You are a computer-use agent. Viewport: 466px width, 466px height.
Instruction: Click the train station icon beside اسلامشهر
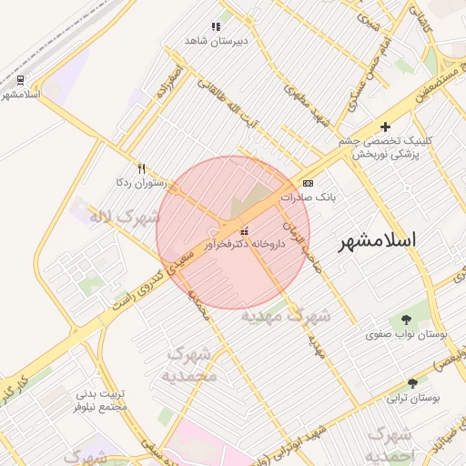coord(20,79)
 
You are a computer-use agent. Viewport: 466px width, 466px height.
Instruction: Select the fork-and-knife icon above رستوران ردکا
coord(141,168)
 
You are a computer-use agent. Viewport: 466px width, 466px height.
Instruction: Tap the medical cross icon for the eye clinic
coord(385,127)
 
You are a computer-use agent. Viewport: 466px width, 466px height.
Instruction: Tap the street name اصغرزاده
coord(171,81)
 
